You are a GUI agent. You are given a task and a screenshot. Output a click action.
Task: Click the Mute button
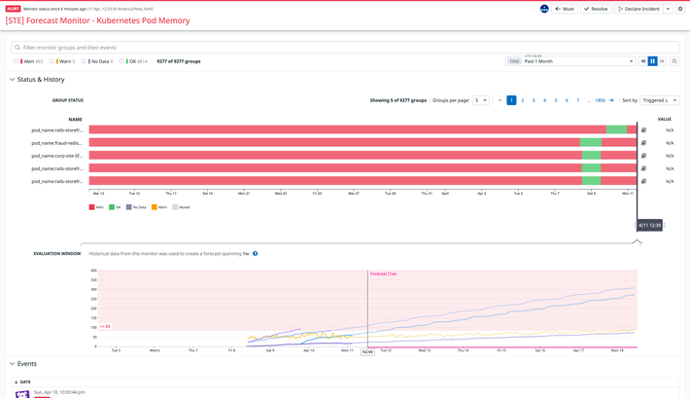point(565,9)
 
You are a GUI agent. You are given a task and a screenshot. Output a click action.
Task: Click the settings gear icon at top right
point(680,9)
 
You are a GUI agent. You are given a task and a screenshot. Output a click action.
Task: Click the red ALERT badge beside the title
point(14,9)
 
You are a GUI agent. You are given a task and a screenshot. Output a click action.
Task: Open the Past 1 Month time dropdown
point(578,61)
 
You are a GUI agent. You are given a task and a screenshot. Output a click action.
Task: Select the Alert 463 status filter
point(29,61)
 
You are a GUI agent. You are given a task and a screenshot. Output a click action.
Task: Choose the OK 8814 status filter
point(134,61)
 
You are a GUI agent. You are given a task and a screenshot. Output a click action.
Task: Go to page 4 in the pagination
point(544,100)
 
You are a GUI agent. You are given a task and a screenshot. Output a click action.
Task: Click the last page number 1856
point(600,100)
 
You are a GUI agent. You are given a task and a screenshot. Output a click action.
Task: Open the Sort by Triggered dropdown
point(659,100)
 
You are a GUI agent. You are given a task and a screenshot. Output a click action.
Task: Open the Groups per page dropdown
point(480,100)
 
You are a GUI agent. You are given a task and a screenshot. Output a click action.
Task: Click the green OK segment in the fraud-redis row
point(590,143)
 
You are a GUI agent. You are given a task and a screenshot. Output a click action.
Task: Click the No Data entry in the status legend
point(136,207)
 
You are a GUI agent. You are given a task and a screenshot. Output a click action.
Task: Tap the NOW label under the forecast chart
point(367,352)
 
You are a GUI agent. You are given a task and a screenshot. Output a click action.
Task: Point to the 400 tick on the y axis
point(93,271)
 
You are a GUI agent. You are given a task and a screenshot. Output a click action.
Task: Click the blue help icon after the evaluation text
point(256,254)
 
